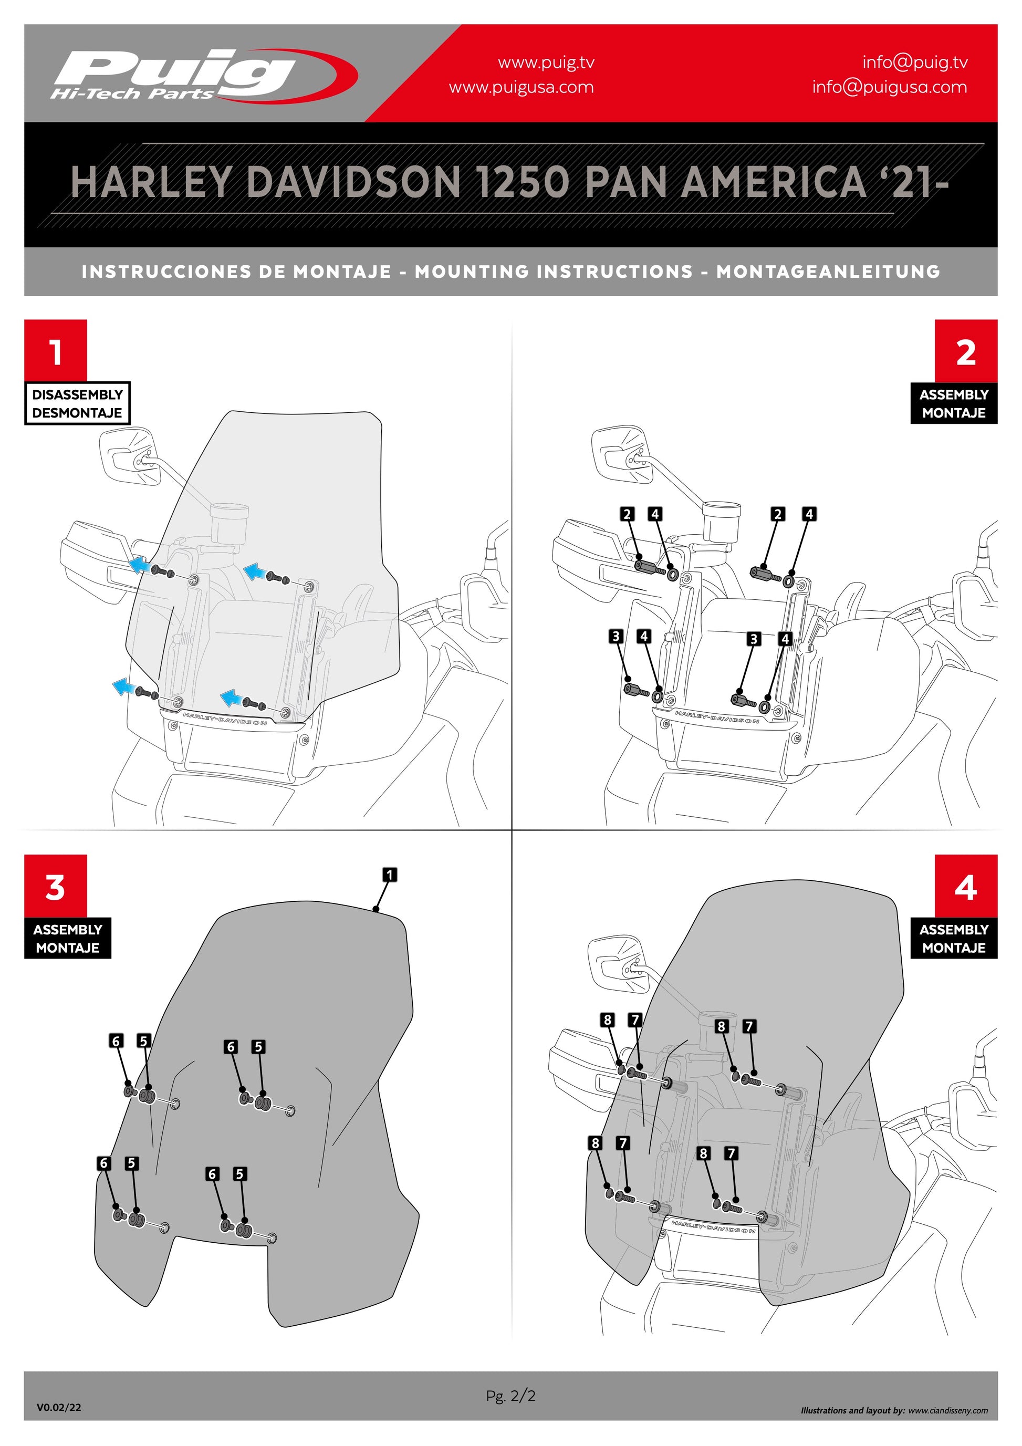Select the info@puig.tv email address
(x=914, y=62)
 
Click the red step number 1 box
(x=56, y=350)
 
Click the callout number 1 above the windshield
(x=390, y=875)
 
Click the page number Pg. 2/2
(x=510, y=1396)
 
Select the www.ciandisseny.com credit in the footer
(x=948, y=1410)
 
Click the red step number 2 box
(x=965, y=351)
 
